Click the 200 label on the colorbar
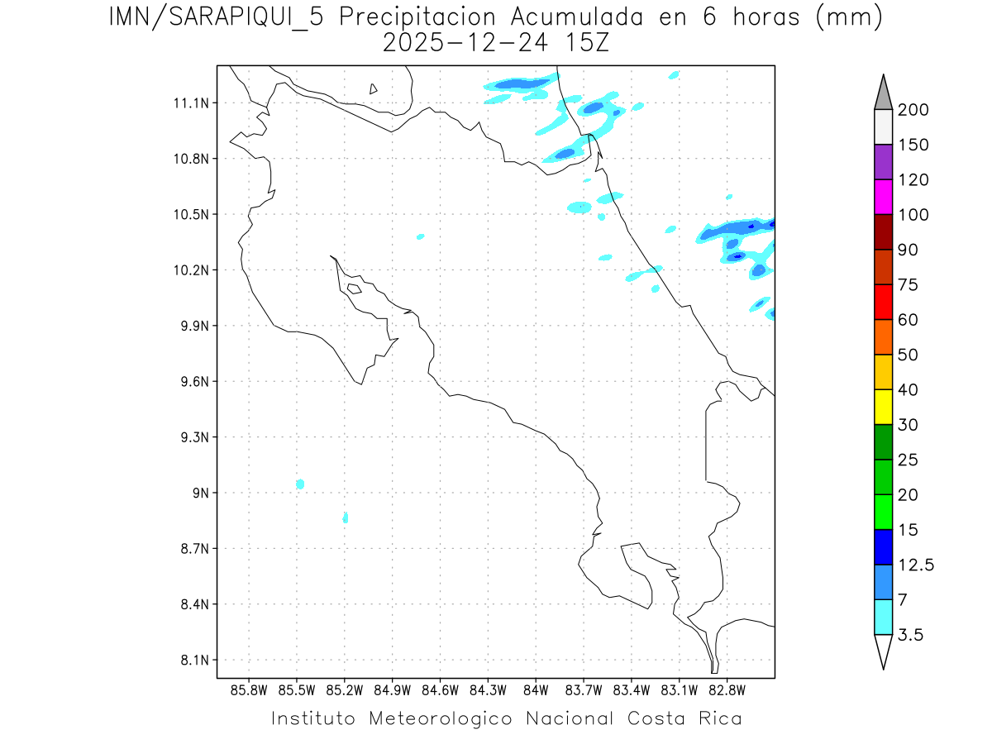click(x=913, y=110)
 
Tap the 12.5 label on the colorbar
click(x=916, y=565)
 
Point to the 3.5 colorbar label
click(x=911, y=635)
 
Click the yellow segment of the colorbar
click(x=883, y=407)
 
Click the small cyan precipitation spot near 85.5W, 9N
click(x=300, y=484)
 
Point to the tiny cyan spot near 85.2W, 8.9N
click(x=346, y=517)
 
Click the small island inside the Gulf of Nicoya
click(x=354, y=289)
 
